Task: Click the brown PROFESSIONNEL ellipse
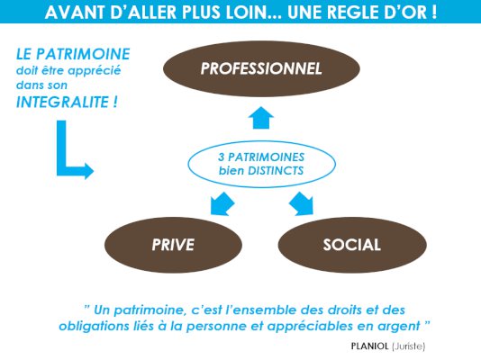[261, 68]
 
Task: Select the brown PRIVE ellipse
[173, 245]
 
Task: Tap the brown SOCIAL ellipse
[352, 245]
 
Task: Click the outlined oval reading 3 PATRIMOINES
[261, 164]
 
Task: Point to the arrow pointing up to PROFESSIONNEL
[261, 118]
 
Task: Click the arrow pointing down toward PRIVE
[222, 204]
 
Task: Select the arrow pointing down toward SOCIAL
[302, 204]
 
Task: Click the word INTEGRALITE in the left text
[62, 102]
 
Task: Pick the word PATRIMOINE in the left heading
[83, 54]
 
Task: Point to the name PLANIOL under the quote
[369, 346]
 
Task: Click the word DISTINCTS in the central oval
[276, 171]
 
